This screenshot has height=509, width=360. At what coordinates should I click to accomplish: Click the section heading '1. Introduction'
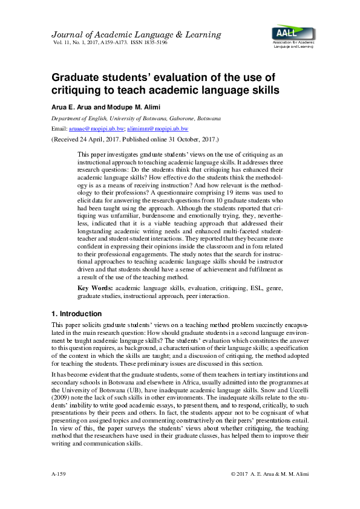[x=76, y=314]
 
